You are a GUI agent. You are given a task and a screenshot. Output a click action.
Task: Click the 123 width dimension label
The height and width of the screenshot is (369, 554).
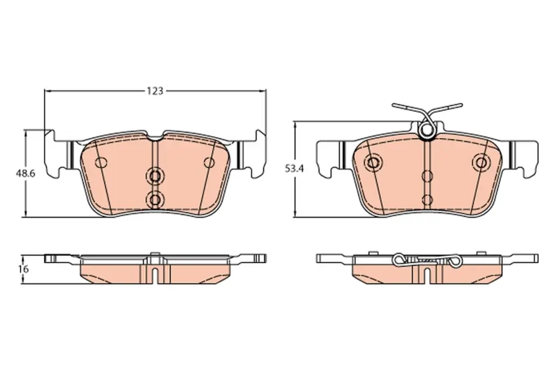click(x=155, y=91)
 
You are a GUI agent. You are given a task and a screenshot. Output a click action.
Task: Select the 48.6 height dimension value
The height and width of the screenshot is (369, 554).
click(x=24, y=174)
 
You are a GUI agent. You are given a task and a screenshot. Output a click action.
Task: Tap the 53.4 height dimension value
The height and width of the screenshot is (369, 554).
click(x=294, y=169)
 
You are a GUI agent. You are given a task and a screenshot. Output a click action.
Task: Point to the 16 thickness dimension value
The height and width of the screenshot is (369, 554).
click(x=24, y=269)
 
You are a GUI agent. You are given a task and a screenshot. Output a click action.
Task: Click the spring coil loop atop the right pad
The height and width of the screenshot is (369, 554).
click(x=426, y=129)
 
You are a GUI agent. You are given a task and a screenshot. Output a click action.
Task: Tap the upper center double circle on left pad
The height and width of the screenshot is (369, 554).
click(x=155, y=175)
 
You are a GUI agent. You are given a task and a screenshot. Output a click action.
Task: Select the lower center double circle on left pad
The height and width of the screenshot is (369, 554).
click(x=155, y=200)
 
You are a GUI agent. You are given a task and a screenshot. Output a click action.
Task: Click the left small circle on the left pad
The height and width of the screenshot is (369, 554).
click(x=101, y=163)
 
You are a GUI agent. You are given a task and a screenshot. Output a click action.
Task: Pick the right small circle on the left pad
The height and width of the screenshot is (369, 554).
click(x=209, y=163)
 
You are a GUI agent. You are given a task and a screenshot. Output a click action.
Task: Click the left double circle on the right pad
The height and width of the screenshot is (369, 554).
click(x=373, y=163)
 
